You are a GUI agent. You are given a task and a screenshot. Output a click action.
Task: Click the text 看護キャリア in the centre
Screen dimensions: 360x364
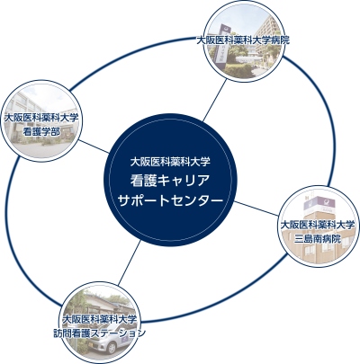pos(170,181)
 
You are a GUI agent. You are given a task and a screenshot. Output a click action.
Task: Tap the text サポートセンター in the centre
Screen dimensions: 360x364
pos(170,200)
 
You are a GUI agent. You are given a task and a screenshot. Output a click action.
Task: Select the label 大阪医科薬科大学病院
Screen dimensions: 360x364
pos(243,40)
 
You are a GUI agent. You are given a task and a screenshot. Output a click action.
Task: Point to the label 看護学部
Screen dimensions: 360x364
pos(41,132)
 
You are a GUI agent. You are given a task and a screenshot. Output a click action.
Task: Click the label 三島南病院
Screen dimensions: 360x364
pos(318,239)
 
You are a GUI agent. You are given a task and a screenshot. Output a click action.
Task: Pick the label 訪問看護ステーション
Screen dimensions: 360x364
pos(99,333)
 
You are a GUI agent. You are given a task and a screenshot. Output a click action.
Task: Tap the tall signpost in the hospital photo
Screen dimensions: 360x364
pos(222,45)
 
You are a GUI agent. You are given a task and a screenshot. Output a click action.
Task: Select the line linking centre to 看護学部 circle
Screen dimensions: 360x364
pos(94,146)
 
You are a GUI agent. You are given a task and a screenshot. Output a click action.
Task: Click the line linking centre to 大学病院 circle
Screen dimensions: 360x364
pos(214,101)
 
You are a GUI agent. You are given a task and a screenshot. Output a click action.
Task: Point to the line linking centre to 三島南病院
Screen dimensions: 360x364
pos(256,209)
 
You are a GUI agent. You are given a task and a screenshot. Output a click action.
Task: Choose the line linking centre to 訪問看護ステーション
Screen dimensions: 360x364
pos(130,262)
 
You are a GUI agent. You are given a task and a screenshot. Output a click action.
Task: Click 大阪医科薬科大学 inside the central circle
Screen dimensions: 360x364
pos(170,162)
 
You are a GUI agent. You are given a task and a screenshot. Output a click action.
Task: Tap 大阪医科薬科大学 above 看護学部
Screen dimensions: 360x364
pos(41,118)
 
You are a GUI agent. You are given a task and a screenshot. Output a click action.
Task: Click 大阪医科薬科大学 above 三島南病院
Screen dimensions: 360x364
pos(318,225)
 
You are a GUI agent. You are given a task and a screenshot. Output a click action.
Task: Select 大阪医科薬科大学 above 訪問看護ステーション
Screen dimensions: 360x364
pos(99,319)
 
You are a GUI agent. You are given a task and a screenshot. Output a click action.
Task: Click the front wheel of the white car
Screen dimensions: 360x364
pos(112,348)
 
